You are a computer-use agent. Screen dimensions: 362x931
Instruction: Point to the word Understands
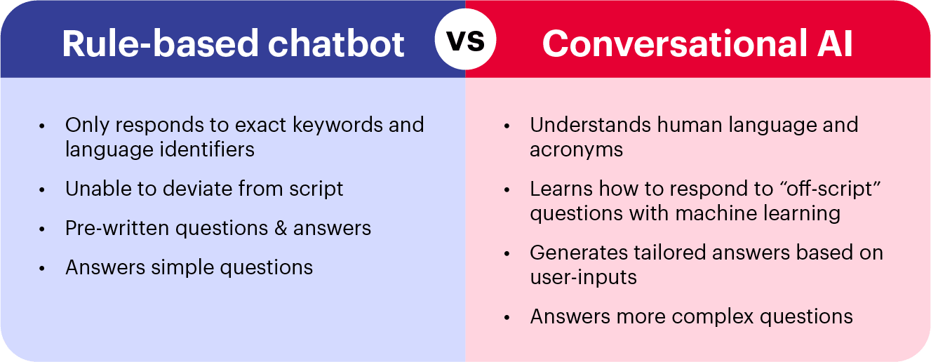(590, 125)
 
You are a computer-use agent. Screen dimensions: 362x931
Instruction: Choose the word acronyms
(576, 149)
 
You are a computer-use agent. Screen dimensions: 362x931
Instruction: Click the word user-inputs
(583, 276)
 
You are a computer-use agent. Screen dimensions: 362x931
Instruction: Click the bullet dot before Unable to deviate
(43, 190)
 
